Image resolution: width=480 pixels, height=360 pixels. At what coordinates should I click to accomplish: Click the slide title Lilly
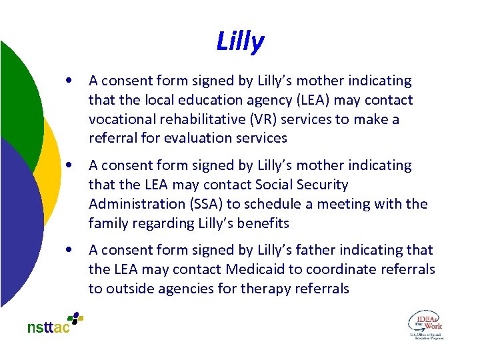(240, 41)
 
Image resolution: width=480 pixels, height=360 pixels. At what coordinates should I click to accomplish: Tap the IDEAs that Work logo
(425, 324)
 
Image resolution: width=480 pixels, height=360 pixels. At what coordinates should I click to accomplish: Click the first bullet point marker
(70, 81)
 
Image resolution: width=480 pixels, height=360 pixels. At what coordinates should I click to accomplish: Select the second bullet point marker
(70, 165)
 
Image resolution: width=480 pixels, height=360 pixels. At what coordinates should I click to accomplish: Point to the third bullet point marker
(70, 250)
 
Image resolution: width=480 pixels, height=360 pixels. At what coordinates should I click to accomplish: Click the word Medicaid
(255, 269)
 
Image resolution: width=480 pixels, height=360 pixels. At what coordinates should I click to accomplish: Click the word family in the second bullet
(109, 223)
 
